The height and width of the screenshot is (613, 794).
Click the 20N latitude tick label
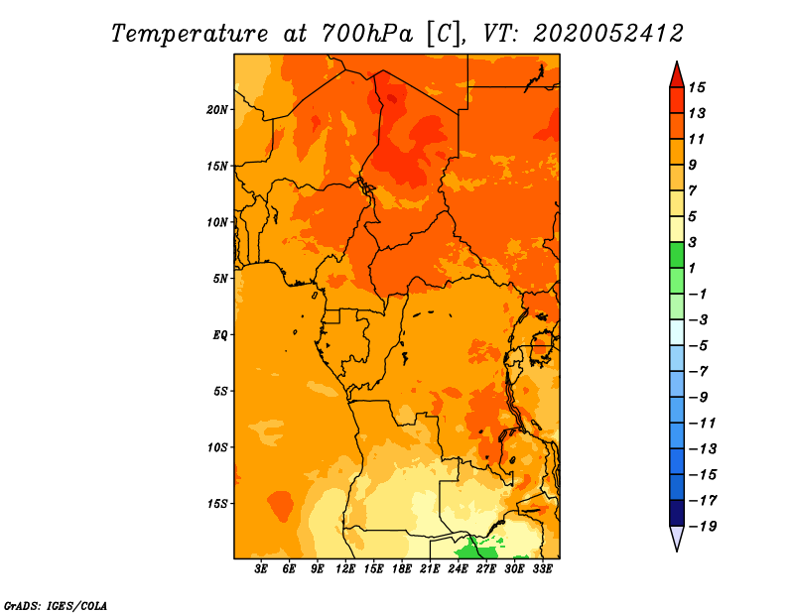coord(217,110)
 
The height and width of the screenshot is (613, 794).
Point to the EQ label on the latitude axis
coord(219,335)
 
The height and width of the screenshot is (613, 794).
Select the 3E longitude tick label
coord(261,569)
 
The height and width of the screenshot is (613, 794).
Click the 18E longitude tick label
coord(402,569)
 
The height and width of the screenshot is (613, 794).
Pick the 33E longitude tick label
coord(542,569)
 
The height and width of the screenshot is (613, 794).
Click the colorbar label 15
coord(697,87)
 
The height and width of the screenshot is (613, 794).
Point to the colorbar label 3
coord(693,242)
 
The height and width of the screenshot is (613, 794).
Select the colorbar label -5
coord(699,346)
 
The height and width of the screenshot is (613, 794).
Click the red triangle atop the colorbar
coord(677,75)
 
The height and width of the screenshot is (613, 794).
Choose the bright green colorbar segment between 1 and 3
coord(677,255)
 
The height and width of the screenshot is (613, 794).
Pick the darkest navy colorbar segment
coord(677,513)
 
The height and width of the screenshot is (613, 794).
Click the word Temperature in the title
coord(190,34)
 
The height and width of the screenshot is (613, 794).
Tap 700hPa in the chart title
coord(366,34)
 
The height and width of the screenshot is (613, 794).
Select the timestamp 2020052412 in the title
coord(608,34)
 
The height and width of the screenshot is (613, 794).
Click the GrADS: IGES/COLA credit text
coord(56,605)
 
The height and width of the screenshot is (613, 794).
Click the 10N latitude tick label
coord(217,222)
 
